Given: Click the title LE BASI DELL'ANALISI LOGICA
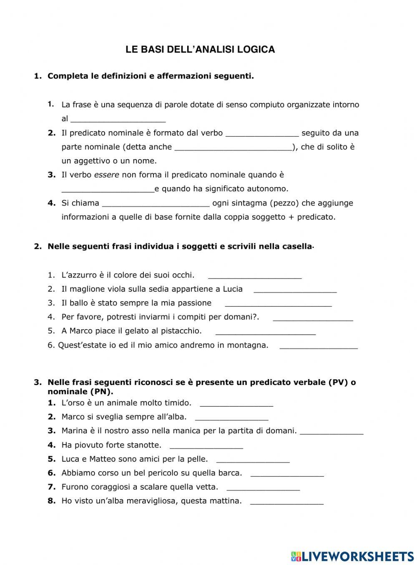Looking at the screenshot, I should coord(200,50).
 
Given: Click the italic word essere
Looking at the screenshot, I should coord(106,175).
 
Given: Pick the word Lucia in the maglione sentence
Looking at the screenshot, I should coord(233,289).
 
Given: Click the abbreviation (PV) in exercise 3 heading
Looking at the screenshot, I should coord(338,382).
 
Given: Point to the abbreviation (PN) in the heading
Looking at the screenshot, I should coord(100,392).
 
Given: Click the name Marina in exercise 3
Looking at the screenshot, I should coord(74,431).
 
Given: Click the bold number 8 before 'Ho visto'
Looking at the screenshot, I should coord(52,501).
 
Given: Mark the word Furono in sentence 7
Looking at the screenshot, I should coord(75,487).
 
